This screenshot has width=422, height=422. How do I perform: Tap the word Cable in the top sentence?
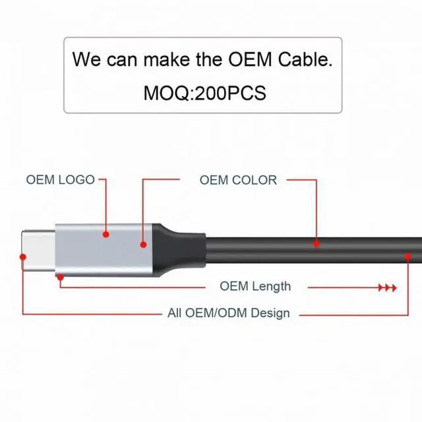pyautogui.click(x=304, y=59)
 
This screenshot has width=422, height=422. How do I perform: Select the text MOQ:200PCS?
pyautogui.click(x=204, y=93)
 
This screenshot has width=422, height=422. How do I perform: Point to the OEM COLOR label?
pyautogui.click(x=238, y=179)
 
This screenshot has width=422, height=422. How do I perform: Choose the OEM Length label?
pyautogui.click(x=255, y=286)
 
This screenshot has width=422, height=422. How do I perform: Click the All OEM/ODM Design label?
pyautogui.click(x=229, y=313)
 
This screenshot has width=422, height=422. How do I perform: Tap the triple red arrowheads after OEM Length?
pyautogui.click(x=387, y=288)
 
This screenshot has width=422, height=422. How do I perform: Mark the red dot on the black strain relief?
pyautogui.click(x=143, y=245)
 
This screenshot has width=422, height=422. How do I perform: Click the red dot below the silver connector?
pyautogui.click(x=61, y=278)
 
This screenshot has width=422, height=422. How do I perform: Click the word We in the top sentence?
pyautogui.click(x=86, y=59)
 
